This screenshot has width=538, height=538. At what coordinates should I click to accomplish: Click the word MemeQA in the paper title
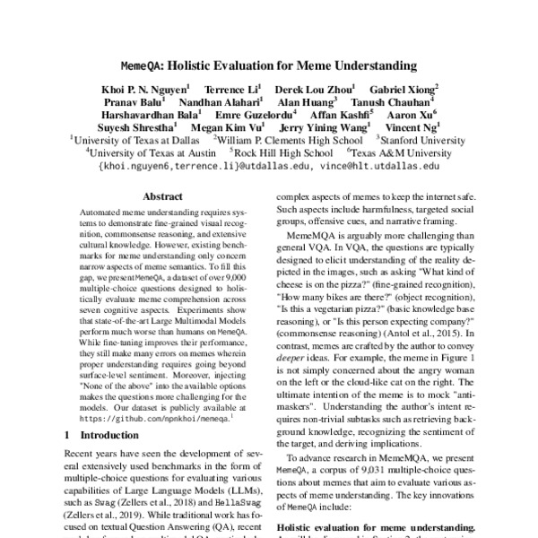[145, 65]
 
